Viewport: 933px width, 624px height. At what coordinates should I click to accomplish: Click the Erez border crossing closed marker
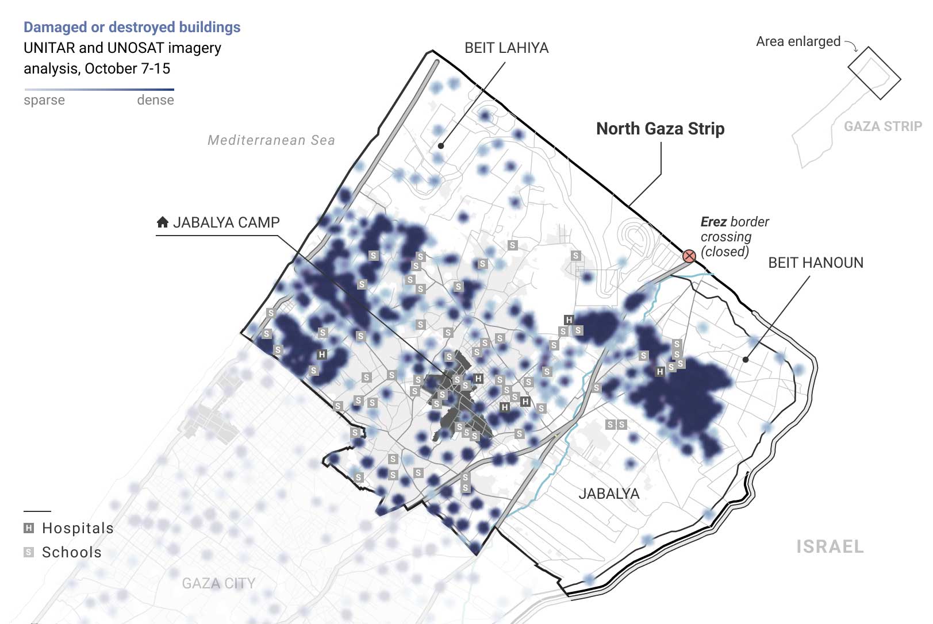tap(689, 256)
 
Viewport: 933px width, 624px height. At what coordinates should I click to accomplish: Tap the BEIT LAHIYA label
tap(506, 48)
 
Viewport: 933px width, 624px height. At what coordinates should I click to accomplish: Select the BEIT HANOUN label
tap(816, 263)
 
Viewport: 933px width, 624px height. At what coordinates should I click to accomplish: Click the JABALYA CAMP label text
tap(226, 222)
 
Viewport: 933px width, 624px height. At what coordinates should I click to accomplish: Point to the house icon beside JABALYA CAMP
tap(163, 222)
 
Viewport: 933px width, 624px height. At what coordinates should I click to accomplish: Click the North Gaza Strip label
tap(660, 129)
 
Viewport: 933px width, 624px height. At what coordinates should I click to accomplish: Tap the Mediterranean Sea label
tap(271, 140)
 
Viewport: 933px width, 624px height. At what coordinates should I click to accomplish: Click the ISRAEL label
tap(830, 546)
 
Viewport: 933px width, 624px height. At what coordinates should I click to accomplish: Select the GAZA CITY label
tap(218, 583)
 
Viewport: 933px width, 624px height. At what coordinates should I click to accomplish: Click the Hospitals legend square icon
tap(29, 528)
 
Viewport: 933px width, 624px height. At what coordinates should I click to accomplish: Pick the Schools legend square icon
tap(29, 552)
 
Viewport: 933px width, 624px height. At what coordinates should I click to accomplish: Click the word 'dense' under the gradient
tap(155, 100)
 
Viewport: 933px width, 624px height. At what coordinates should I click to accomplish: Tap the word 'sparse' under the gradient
tap(44, 101)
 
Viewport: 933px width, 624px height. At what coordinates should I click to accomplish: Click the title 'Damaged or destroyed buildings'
tap(132, 27)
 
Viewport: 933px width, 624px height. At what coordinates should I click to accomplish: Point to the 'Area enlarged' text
tap(798, 41)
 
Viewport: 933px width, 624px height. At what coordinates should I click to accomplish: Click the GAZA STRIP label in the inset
tap(883, 126)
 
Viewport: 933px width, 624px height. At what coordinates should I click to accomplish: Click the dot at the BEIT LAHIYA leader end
tap(441, 146)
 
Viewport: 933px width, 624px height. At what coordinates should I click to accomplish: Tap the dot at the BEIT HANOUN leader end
tap(746, 360)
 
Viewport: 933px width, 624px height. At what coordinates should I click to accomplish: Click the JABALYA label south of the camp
tap(609, 494)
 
